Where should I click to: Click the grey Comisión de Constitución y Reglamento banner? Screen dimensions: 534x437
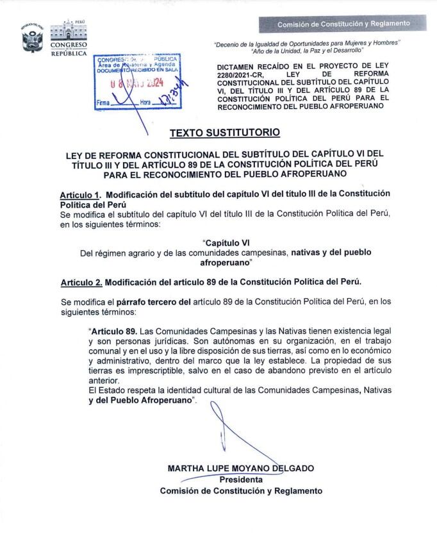[343, 24]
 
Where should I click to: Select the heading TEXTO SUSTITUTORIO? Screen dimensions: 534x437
[225, 133]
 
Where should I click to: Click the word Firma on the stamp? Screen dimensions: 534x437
[103, 103]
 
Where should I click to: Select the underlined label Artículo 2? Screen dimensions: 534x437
[81, 282]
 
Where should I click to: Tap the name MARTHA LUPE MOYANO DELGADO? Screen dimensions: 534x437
[241, 468]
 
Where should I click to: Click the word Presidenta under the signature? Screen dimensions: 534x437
[241, 480]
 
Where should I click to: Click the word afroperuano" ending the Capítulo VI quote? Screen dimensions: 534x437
[227, 263]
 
